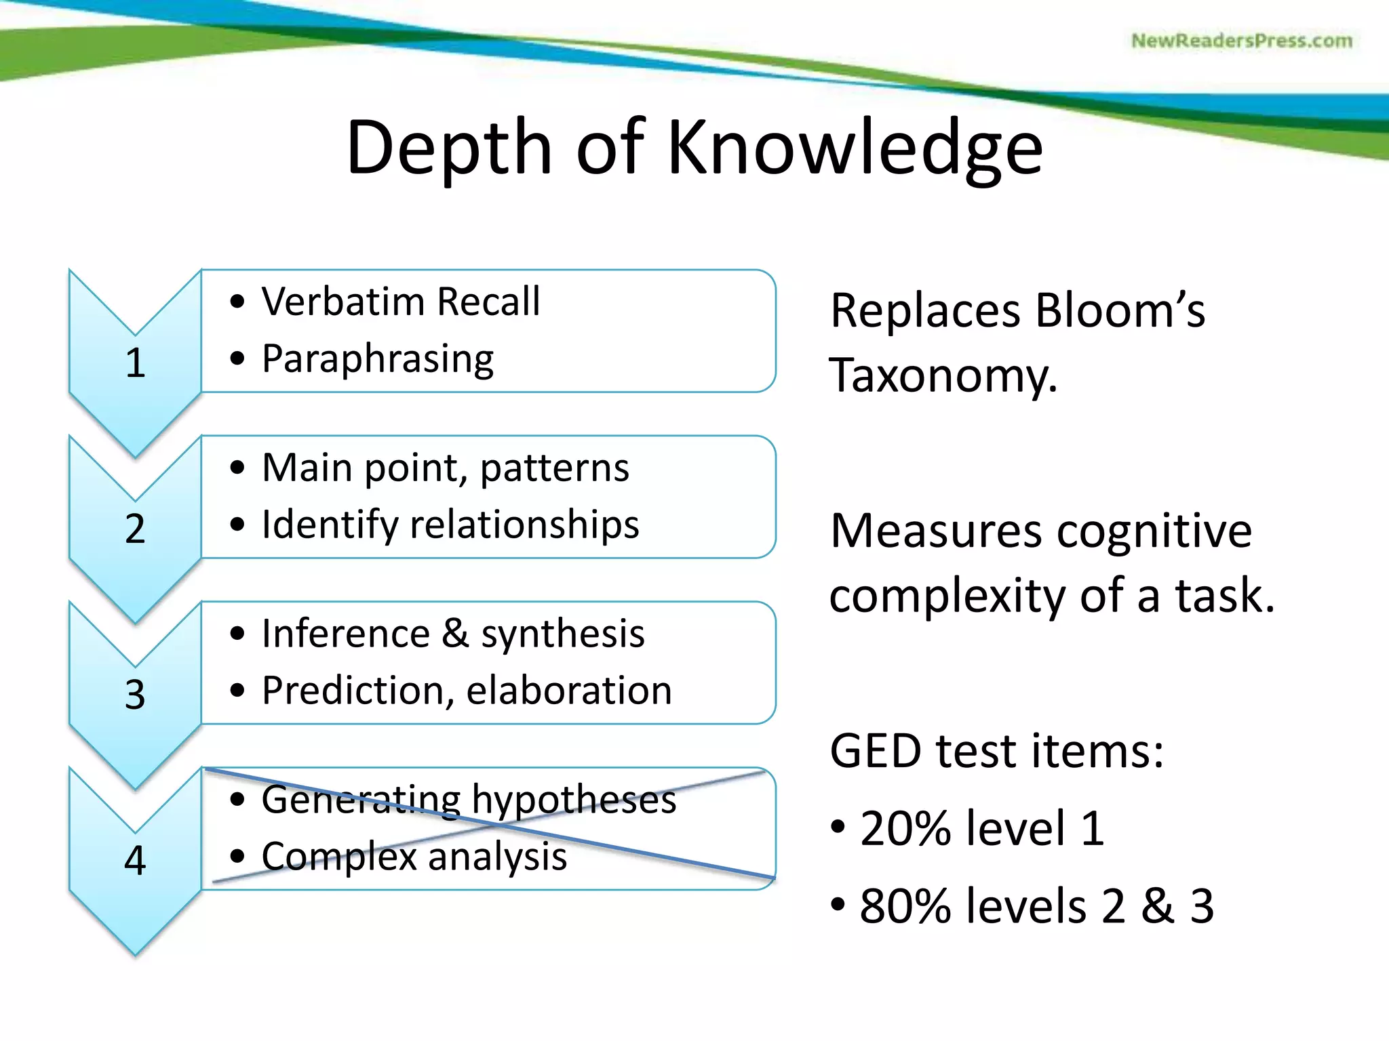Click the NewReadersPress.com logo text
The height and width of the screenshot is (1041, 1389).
1241,41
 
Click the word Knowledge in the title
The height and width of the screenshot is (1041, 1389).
855,148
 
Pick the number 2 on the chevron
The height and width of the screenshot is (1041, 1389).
135,529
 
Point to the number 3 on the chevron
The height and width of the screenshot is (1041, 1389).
135,695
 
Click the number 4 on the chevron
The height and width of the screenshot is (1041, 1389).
135,861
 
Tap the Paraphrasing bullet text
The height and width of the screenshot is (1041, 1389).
378,359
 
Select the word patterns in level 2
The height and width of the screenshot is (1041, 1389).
554,468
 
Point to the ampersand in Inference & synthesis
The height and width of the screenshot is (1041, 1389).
455,634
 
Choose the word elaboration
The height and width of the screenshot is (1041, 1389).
569,691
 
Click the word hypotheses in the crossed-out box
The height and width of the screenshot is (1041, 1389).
574,800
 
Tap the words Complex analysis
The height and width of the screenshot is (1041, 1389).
414,857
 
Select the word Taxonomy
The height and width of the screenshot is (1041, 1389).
943,375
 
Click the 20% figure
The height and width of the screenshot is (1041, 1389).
905,828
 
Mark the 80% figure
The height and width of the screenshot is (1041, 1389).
905,905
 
